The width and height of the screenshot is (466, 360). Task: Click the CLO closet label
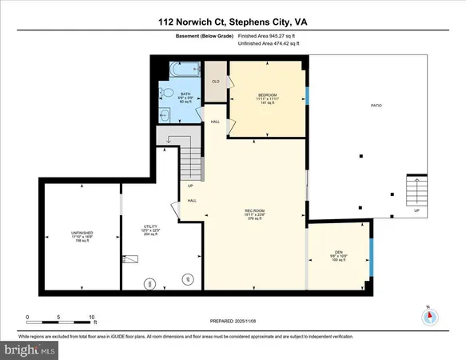click(215, 82)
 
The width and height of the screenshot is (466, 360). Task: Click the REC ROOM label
click(255, 210)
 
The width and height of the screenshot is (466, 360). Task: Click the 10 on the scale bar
click(93, 317)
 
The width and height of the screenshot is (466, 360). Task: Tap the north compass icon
click(430, 316)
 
